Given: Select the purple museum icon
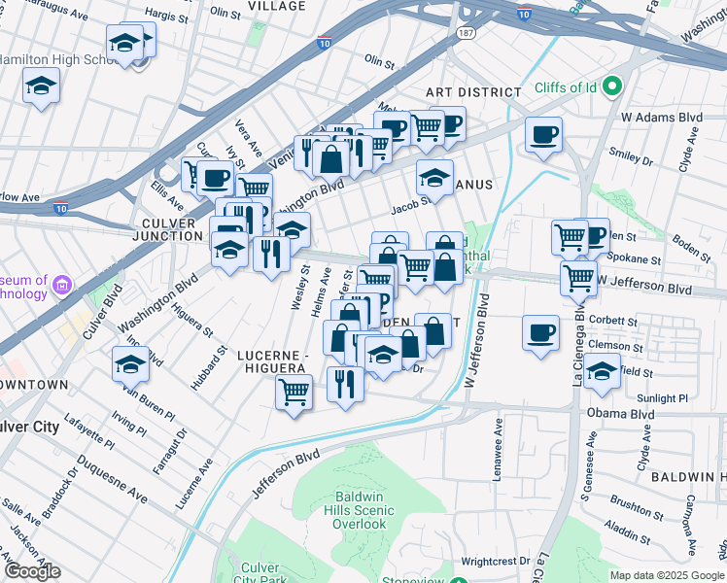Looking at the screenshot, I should click(x=63, y=286).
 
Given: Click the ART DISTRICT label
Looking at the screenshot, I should click(x=474, y=91).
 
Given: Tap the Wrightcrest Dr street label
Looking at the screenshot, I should click(x=496, y=561).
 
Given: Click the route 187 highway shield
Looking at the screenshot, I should click(x=467, y=33).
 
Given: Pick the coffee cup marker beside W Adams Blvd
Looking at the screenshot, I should click(x=544, y=133).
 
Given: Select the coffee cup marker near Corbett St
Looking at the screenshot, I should click(x=540, y=331).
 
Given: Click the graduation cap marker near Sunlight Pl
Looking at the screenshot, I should click(x=603, y=370).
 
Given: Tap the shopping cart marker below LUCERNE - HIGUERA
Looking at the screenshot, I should click(x=294, y=392).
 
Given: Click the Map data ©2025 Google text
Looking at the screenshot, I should click(x=667, y=575).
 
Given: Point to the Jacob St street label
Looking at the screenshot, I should click(x=410, y=205).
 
